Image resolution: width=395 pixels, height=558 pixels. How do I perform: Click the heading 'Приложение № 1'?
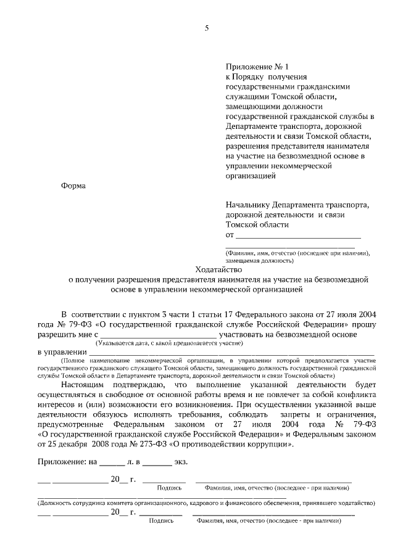pyautogui.click(x=257, y=66)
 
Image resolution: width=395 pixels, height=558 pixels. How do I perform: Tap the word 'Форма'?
pyautogui.click(x=74, y=186)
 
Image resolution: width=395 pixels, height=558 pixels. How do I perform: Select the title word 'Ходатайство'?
pyautogui.click(x=219, y=269)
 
